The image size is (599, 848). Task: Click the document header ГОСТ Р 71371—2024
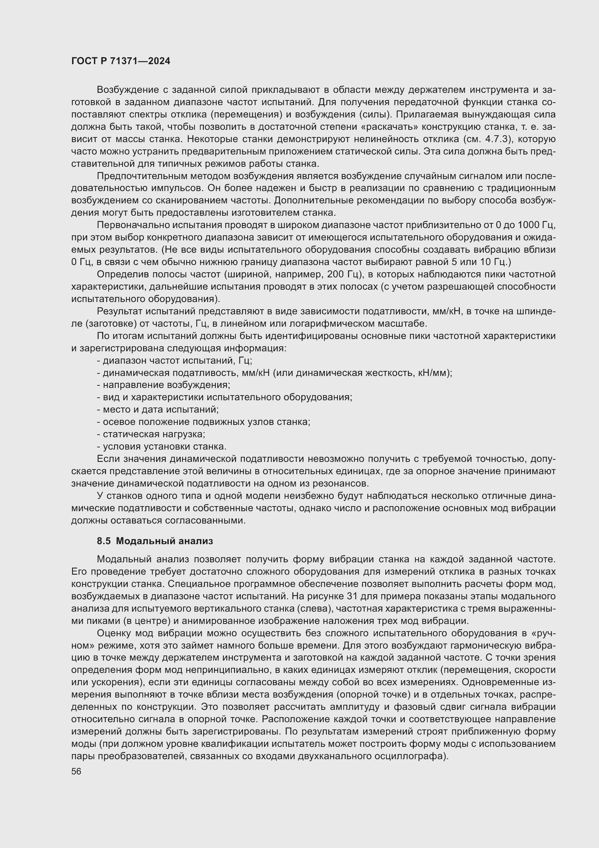121,61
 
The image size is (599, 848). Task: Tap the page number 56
76,771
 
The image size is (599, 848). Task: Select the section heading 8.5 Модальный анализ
155,541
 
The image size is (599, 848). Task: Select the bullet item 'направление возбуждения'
163,385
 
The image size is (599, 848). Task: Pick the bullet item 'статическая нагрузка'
151,434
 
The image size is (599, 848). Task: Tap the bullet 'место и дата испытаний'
158,410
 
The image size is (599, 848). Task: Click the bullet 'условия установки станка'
162,447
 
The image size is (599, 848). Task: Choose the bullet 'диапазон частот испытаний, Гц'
175,360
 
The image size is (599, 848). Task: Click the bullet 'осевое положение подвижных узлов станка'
204,422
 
